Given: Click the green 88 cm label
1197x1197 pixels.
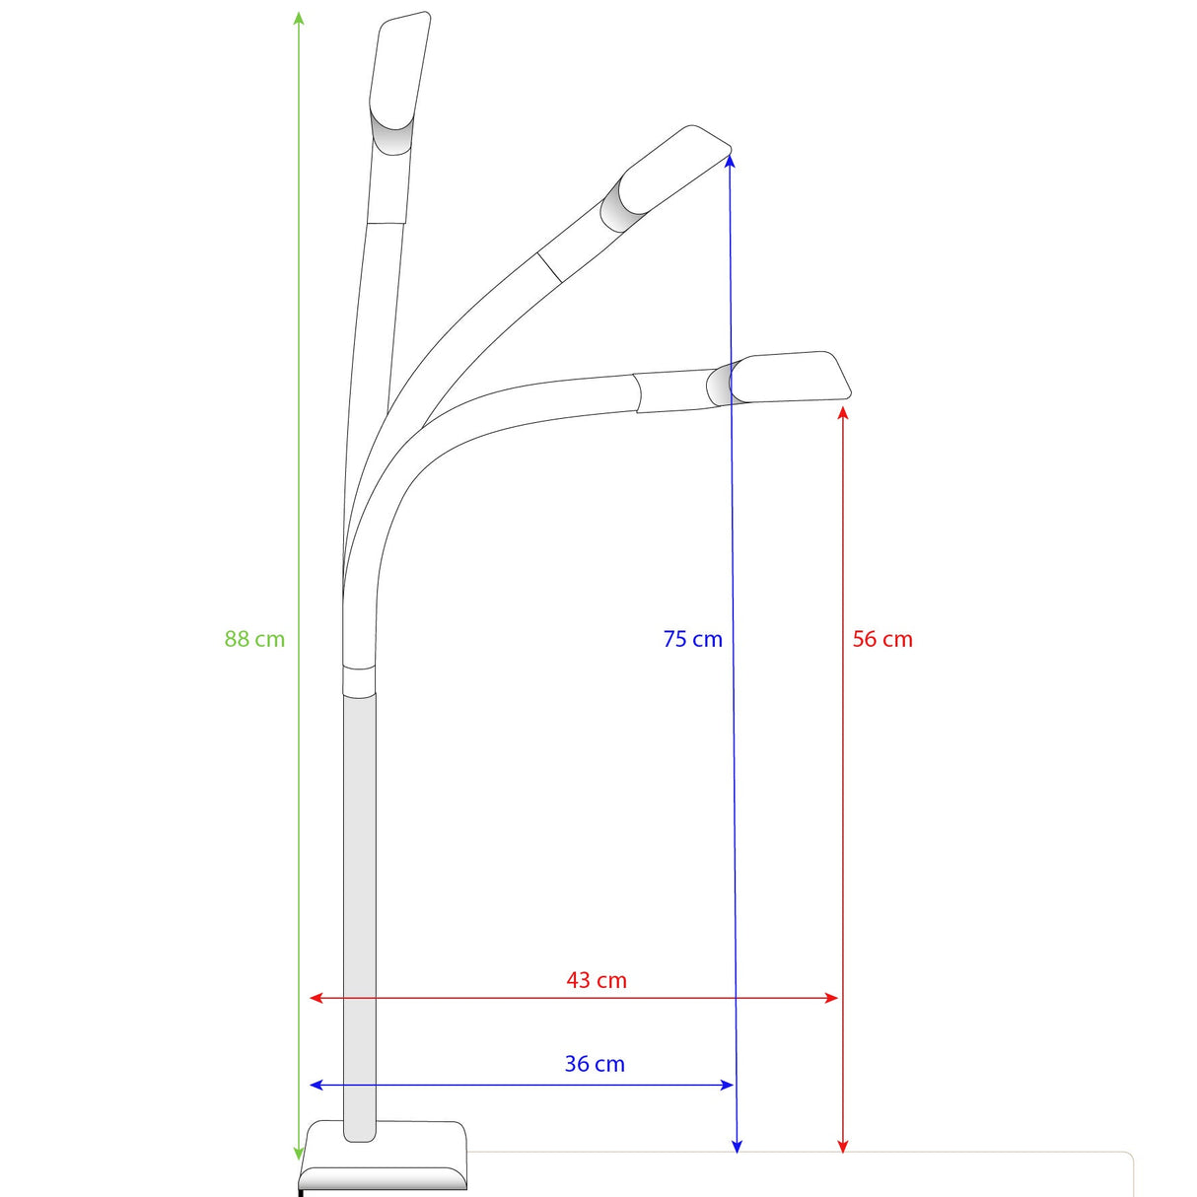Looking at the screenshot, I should tap(254, 639).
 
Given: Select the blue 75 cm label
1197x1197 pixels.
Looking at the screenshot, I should tap(692, 639).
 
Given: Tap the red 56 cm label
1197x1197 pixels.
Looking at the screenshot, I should tap(882, 639).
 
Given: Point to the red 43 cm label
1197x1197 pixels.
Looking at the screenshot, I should tap(597, 980).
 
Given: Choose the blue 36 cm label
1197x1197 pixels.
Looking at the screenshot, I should tap(595, 1064).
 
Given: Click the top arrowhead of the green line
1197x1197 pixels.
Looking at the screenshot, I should tap(299, 18).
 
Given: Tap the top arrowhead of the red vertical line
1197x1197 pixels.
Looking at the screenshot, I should tap(843, 411).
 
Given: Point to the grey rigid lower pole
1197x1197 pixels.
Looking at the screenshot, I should tap(360, 917).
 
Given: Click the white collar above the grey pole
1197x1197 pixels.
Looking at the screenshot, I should tap(359, 681).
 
